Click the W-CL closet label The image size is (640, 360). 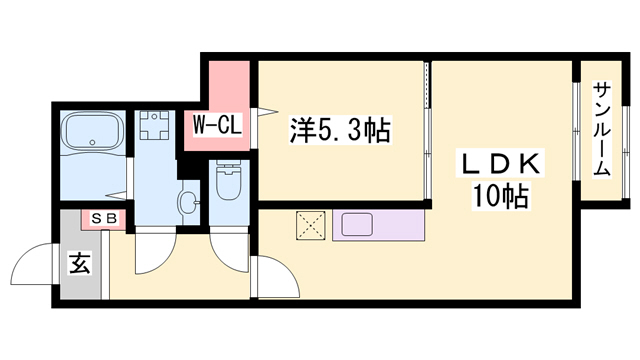point(217,125)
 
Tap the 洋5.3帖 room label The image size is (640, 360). point(340,130)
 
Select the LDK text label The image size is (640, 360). point(500,165)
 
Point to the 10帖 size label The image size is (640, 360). point(501,196)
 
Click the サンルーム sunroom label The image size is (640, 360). point(602,129)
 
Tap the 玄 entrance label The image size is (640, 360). point(80,263)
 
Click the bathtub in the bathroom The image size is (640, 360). point(92,131)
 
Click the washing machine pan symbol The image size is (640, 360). point(154,124)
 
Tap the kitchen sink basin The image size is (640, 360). point(357,224)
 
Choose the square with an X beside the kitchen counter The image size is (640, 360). point(311,226)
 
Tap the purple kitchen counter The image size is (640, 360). point(378,225)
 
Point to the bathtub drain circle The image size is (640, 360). point(93,142)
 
